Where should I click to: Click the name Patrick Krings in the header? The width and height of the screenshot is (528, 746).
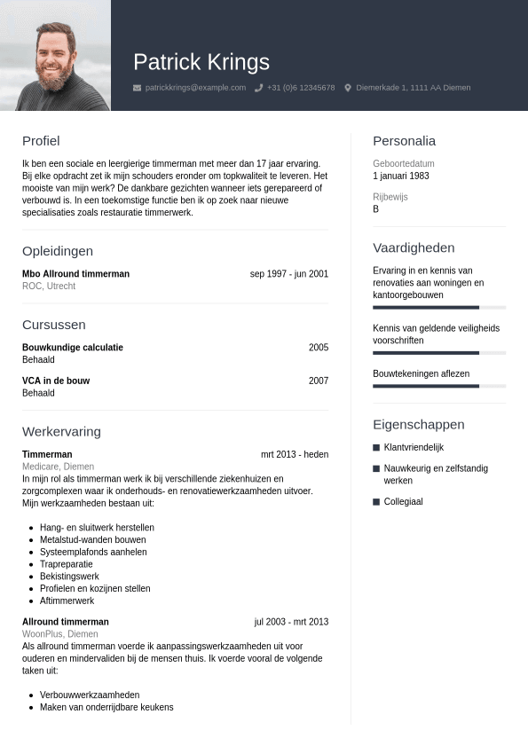pyautogui.click(x=201, y=62)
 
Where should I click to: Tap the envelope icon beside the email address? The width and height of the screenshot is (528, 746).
pyautogui.click(x=137, y=88)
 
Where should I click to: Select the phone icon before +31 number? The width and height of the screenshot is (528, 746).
pyautogui.click(x=259, y=88)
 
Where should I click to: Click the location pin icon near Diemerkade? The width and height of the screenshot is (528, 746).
pyautogui.click(x=348, y=88)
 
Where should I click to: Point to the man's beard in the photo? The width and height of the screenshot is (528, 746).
pyautogui.click(x=55, y=75)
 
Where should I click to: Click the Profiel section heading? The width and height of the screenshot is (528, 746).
pyautogui.click(x=41, y=140)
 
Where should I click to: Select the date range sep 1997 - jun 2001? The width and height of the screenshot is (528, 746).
pyautogui.click(x=289, y=274)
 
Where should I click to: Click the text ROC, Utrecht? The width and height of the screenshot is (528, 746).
pyautogui.click(x=49, y=287)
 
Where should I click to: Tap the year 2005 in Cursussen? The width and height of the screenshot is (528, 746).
pyautogui.click(x=319, y=348)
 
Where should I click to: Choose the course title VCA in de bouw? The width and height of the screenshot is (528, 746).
pyautogui.click(x=56, y=381)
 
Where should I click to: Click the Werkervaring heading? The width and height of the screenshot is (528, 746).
pyautogui.click(x=61, y=431)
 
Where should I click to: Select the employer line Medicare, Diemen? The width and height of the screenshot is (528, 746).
pyautogui.click(x=58, y=467)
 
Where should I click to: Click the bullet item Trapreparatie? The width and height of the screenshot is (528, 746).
pyautogui.click(x=67, y=564)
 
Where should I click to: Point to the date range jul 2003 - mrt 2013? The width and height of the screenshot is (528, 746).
pyautogui.click(x=291, y=622)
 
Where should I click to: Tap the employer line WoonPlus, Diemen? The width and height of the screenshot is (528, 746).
pyautogui.click(x=59, y=634)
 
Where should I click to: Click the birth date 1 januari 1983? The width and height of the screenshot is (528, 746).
pyautogui.click(x=401, y=176)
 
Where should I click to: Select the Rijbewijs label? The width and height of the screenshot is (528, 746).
pyautogui.click(x=390, y=197)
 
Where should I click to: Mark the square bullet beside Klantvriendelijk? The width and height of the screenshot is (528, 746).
pyautogui.click(x=376, y=448)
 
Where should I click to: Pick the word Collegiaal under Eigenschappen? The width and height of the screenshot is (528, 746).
pyautogui.click(x=403, y=502)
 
